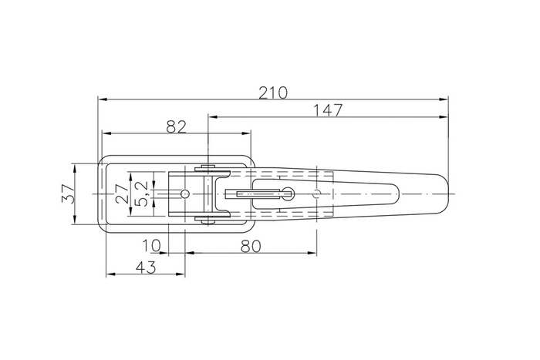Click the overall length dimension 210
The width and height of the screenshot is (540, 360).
click(273, 93)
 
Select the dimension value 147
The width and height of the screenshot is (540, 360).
click(328, 110)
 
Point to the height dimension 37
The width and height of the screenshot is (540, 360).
click(67, 193)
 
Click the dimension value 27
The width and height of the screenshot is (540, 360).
click(121, 193)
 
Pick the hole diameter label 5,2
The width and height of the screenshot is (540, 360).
click(141, 193)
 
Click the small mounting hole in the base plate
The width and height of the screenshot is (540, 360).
click(184, 193)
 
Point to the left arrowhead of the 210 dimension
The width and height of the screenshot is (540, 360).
click(102, 99)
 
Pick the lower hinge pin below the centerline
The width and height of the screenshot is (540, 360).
click(208, 220)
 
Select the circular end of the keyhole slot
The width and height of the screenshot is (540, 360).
click(287, 193)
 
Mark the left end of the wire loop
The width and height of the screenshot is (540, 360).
click(100, 193)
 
